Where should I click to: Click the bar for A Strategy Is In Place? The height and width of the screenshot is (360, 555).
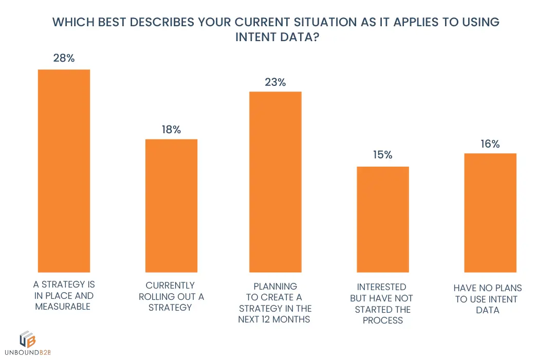(64, 171)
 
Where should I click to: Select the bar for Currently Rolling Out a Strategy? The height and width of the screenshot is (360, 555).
(171, 206)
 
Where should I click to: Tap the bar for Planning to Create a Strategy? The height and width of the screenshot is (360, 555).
(275, 182)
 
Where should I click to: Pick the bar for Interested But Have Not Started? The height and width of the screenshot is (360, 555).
(383, 220)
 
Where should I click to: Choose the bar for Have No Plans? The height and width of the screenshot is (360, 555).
(490, 213)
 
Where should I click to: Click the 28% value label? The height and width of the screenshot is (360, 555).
(64, 58)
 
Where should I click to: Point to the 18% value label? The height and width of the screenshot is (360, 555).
(171, 130)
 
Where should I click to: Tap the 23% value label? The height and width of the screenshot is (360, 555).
(275, 82)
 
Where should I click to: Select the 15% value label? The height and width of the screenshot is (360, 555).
(382, 155)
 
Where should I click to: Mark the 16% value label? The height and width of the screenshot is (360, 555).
(490, 144)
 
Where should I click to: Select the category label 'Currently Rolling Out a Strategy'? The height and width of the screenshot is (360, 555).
(171, 296)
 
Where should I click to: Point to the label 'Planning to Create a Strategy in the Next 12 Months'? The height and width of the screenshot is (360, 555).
(275, 302)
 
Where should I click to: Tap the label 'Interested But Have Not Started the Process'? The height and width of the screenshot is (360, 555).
(382, 303)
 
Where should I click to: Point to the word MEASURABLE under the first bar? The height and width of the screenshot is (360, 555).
(63, 307)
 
